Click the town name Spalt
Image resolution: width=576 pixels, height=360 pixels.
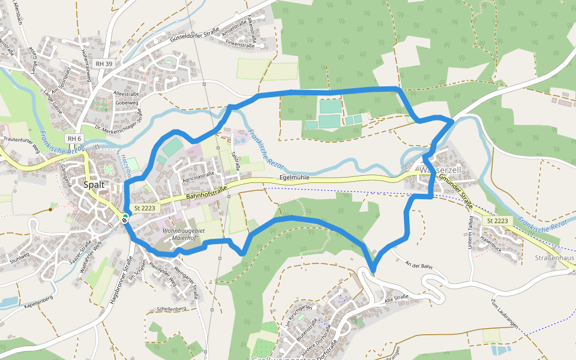94,185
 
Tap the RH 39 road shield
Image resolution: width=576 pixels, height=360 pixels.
104,64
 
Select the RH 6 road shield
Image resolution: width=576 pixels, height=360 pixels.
74,139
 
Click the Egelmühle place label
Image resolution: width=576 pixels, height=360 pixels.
295,178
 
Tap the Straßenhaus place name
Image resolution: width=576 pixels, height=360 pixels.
554,257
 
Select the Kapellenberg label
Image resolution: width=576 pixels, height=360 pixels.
39,298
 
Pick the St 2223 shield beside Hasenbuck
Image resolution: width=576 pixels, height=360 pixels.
498,221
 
